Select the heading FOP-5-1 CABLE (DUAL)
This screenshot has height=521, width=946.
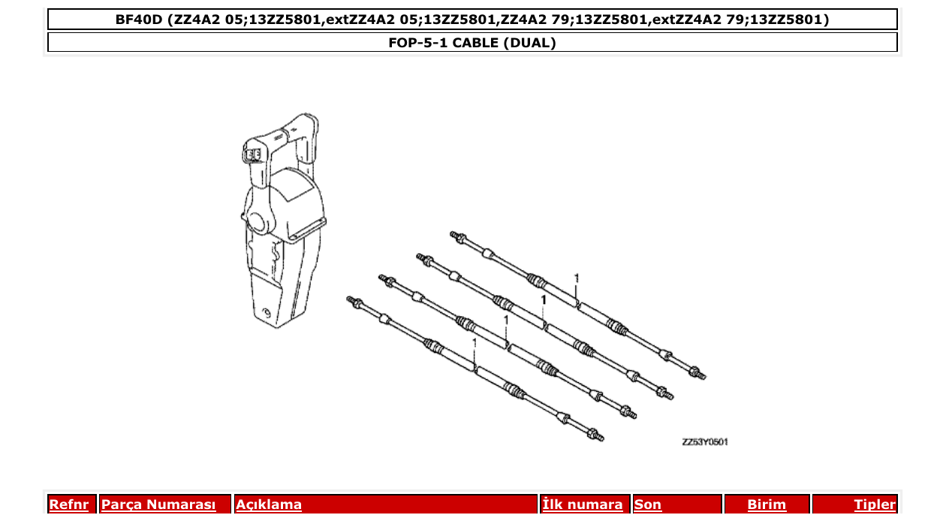472,43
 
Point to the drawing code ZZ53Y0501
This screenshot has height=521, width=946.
704,441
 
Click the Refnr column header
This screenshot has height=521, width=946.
68,504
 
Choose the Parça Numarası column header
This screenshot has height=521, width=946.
158,504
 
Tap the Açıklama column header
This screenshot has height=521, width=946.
269,504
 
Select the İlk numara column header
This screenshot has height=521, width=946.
583,504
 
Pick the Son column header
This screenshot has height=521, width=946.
648,504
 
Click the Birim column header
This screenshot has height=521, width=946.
767,504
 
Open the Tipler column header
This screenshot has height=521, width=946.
875,504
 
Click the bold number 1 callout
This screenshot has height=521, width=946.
543,300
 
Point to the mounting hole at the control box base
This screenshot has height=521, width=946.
267,312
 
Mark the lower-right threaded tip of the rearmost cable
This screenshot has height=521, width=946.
699,372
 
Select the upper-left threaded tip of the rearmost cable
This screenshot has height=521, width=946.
454,236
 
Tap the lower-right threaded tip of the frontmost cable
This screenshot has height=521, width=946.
596,435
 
